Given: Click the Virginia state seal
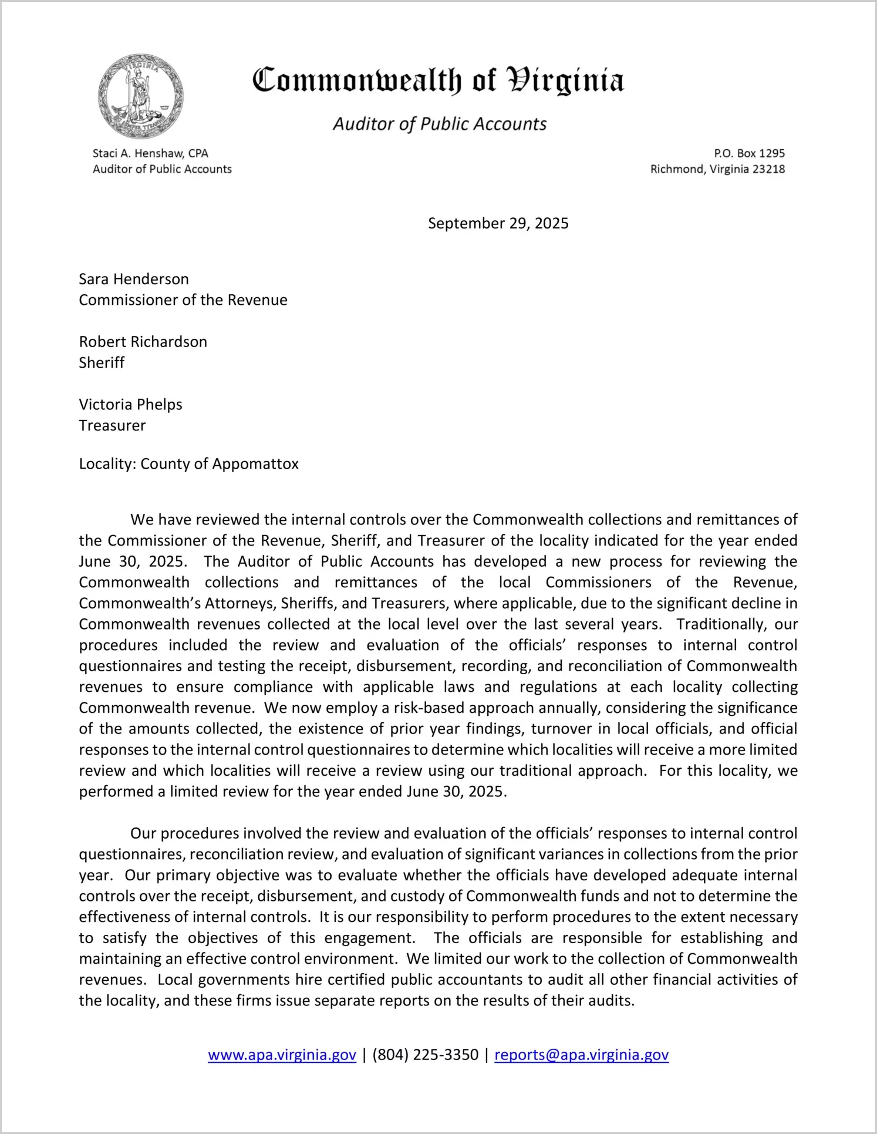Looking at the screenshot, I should [x=140, y=96].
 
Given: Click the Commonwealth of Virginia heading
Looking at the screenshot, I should [x=438, y=80].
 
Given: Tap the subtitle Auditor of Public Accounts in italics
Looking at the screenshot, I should [x=440, y=124].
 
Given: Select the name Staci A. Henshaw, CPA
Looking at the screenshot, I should [x=150, y=153].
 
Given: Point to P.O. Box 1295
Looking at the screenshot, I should [x=749, y=153].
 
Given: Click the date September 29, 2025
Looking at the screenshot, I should [x=498, y=223].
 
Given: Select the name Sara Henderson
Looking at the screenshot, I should [x=134, y=279].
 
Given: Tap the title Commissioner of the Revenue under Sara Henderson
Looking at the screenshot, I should [x=183, y=300].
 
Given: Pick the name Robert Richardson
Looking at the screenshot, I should [x=143, y=342].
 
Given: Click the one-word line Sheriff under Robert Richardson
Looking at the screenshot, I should [x=102, y=363].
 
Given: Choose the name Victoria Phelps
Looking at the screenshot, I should [x=130, y=405].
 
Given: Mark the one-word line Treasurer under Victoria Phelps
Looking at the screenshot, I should [x=112, y=426].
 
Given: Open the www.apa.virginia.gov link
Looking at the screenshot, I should [x=282, y=1055].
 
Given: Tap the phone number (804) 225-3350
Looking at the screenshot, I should [x=425, y=1055].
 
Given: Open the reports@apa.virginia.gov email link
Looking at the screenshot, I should [x=581, y=1055].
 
